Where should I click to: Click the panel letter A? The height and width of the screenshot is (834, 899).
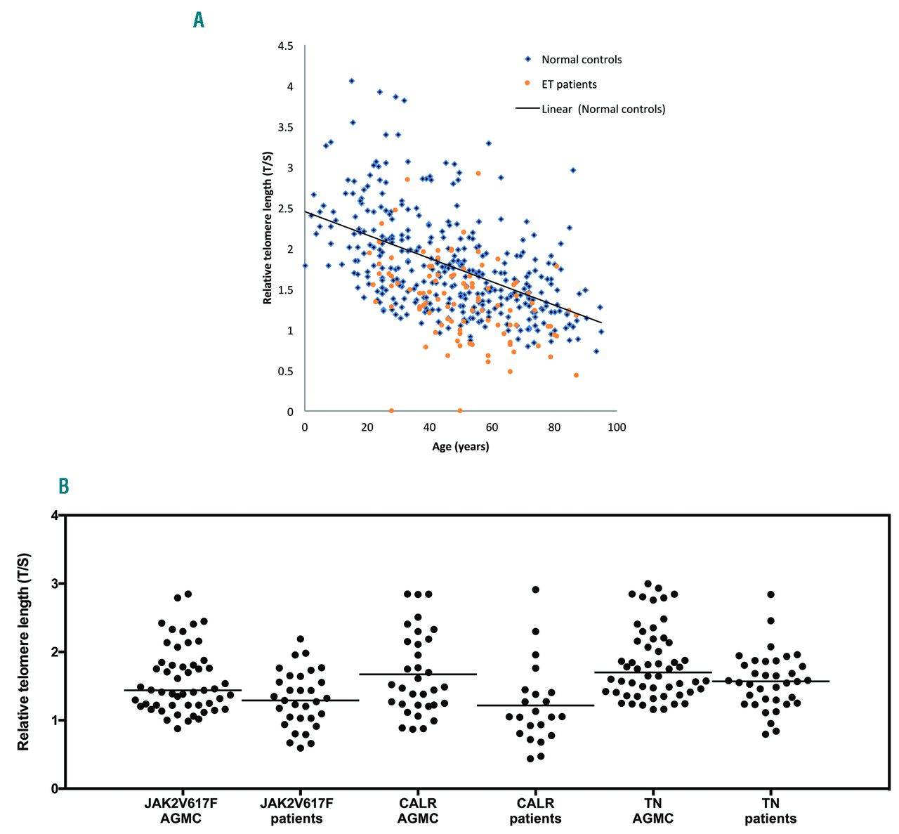click(x=199, y=20)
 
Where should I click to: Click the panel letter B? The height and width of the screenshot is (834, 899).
click(x=63, y=486)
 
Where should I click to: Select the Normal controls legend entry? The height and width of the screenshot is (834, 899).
click(x=581, y=60)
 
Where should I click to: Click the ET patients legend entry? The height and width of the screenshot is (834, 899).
click(x=568, y=84)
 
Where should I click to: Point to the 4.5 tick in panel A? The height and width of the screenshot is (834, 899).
click(x=285, y=46)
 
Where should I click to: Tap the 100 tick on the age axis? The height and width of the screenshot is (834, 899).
click(x=616, y=427)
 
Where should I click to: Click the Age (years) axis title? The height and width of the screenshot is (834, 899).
click(x=460, y=446)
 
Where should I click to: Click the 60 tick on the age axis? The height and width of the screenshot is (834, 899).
click(x=492, y=427)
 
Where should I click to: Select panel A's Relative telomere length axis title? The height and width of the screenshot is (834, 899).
click(x=268, y=227)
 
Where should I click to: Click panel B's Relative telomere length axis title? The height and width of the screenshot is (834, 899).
click(x=24, y=651)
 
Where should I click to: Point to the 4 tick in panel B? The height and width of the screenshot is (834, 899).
click(x=55, y=516)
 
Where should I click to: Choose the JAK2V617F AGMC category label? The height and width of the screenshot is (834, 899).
click(x=181, y=811)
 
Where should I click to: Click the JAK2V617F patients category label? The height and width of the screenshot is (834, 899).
click(x=296, y=811)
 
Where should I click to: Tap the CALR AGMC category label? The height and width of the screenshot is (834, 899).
click(x=418, y=811)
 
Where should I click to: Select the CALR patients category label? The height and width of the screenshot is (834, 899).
click(x=535, y=811)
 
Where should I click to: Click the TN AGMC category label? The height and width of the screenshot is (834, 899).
click(x=653, y=811)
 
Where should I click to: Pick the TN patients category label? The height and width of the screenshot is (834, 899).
click(x=770, y=811)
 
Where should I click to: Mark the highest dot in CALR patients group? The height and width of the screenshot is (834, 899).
click(x=536, y=589)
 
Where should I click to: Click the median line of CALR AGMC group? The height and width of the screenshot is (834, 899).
click(x=418, y=674)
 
